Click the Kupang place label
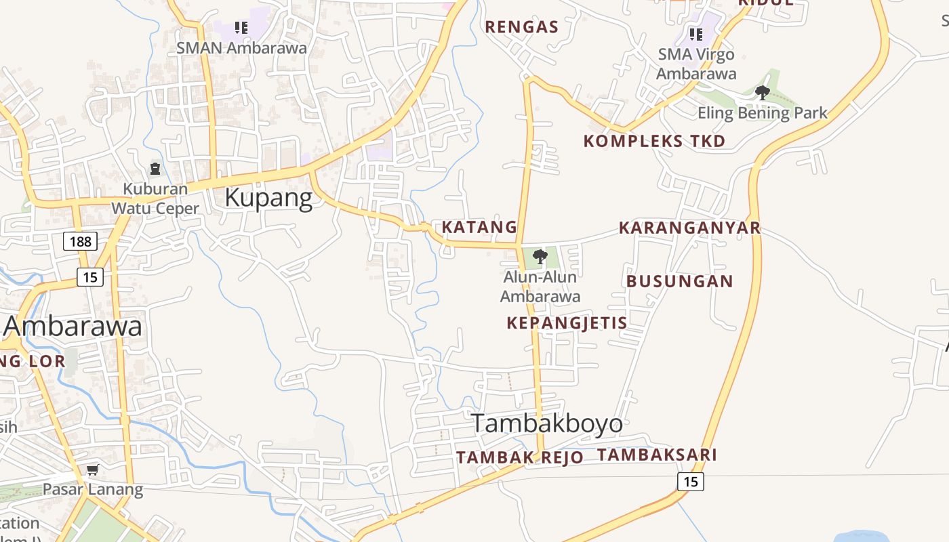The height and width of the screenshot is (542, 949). pos(268,198)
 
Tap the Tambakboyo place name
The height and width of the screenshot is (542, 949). pos(547,423)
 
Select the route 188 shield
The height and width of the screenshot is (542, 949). pos(81,241)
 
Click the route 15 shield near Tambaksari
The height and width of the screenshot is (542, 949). pos(690,482)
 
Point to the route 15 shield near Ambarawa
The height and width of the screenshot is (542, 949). pos(89,276)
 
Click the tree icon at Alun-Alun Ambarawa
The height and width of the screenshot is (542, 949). pos(540,257)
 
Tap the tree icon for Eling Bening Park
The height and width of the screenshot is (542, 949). pos(763,93)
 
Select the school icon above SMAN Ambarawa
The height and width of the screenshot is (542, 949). pos(241,28)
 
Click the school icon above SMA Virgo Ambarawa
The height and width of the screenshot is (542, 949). pos(695,34)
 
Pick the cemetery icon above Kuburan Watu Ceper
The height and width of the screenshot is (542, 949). pos(155,169)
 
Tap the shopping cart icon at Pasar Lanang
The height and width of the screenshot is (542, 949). pos(93,470)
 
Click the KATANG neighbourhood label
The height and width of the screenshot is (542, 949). pos(479,227)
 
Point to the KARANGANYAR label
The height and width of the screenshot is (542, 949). pos(689,228)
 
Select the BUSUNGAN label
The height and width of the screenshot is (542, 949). pos(679,281)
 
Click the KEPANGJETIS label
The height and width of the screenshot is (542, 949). pos(567,322)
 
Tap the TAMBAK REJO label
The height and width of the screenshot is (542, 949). pos(519,457)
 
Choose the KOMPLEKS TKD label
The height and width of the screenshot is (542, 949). pos(654,141)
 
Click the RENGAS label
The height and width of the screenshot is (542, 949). pos(522,27)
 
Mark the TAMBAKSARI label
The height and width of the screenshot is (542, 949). pos(656,455)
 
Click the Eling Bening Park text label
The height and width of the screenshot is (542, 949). pos(763,112)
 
